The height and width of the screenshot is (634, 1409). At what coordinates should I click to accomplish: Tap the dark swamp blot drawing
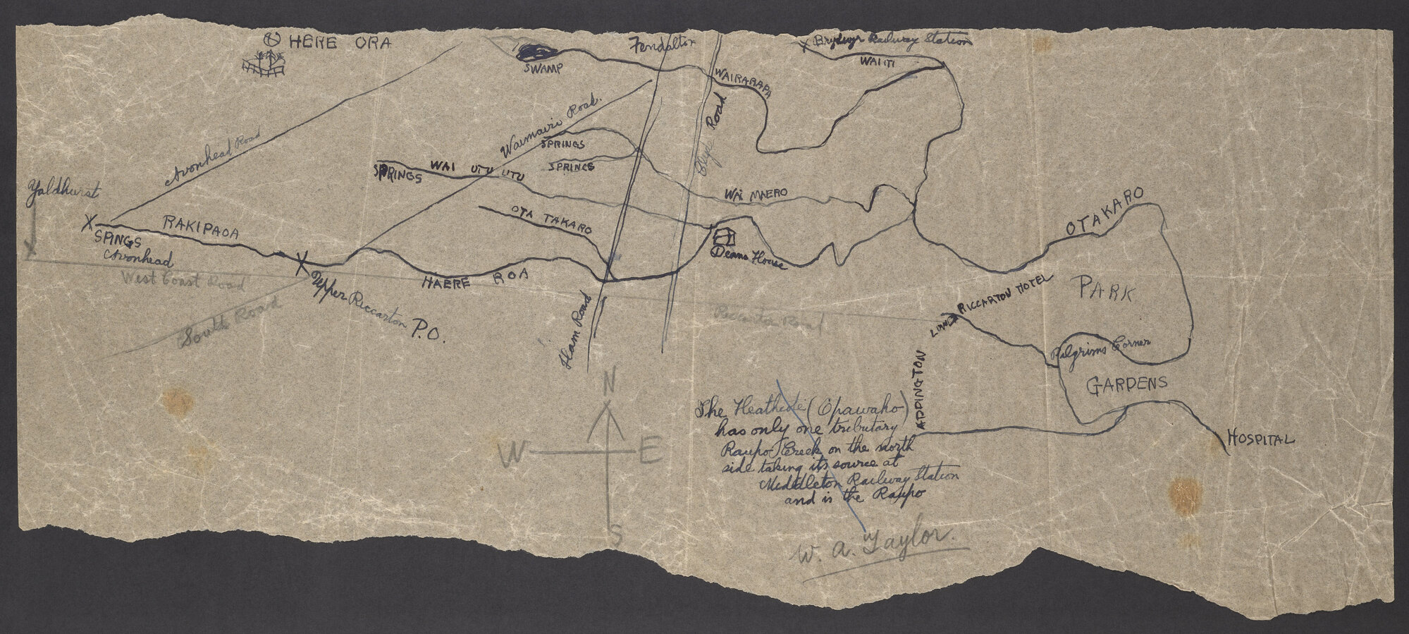point(539,51)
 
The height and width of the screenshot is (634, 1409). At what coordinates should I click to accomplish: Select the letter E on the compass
point(649,454)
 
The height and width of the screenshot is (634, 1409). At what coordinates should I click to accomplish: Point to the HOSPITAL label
point(1261,439)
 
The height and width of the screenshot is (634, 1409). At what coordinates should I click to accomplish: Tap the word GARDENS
point(1126,385)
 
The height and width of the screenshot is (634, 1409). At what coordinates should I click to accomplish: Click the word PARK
point(1104,289)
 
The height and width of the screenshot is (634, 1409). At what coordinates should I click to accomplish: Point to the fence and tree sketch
point(264,61)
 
